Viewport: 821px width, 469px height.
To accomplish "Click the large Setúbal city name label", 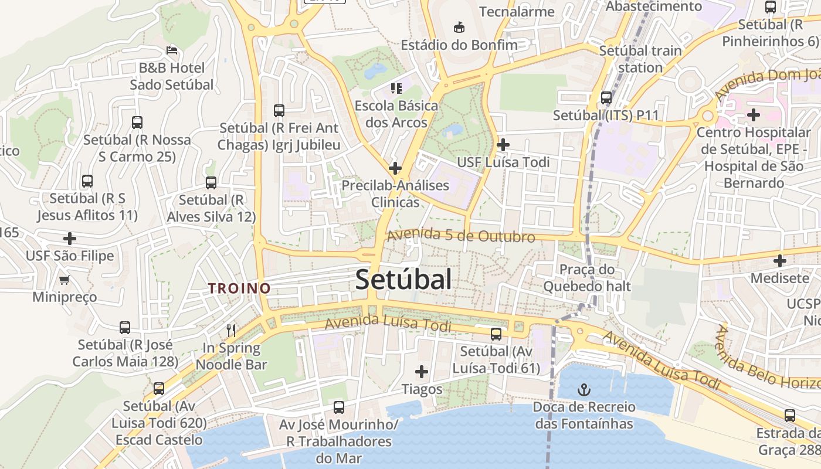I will click(x=403, y=280).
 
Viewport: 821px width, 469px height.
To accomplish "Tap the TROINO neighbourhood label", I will click(x=239, y=288).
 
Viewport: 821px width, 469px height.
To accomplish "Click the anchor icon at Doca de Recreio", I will click(x=583, y=389).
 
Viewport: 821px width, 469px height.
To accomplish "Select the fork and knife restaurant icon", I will click(x=231, y=331).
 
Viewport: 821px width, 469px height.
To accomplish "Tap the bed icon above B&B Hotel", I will click(x=172, y=50).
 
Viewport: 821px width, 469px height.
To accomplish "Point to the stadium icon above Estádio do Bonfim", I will click(x=459, y=27).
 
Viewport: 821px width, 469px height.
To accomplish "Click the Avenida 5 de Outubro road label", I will click(x=461, y=236).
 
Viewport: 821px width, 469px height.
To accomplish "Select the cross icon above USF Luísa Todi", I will click(x=503, y=144).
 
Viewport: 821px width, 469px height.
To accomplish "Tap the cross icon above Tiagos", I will click(x=422, y=371).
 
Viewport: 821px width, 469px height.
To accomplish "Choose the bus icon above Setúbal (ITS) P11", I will click(x=606, y=98).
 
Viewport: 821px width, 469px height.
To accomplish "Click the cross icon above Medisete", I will click(x=779, y=260).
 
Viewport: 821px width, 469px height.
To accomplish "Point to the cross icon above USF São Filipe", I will click(x=70, y=239).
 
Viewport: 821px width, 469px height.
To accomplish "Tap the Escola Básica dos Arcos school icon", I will click(x=396, y=89).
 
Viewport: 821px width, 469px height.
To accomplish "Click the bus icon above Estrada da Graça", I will click(x=790, y=416).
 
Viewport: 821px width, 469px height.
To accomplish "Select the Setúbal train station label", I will click(x=640, y=59).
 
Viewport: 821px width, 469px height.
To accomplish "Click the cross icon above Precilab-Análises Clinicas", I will click(x=395, y=168).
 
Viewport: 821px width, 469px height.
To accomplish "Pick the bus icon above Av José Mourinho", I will click(x=339, y=407).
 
